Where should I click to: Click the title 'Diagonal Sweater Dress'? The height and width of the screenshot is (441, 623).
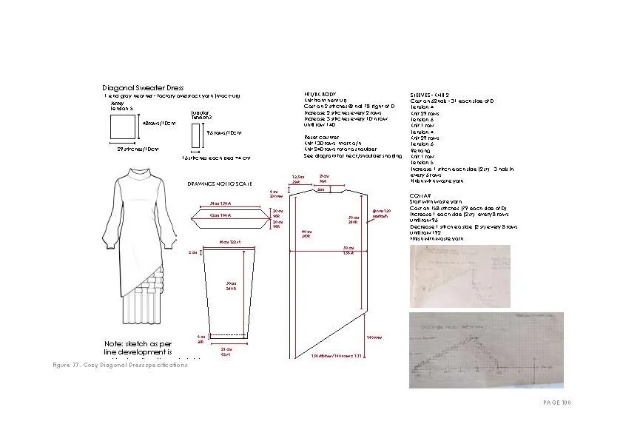coord(143,88)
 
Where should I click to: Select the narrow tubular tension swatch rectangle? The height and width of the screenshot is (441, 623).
coord(195,138)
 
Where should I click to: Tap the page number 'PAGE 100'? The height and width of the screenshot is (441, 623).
coord(557,403)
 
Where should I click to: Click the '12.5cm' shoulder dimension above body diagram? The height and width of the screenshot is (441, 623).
coord(297,177)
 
